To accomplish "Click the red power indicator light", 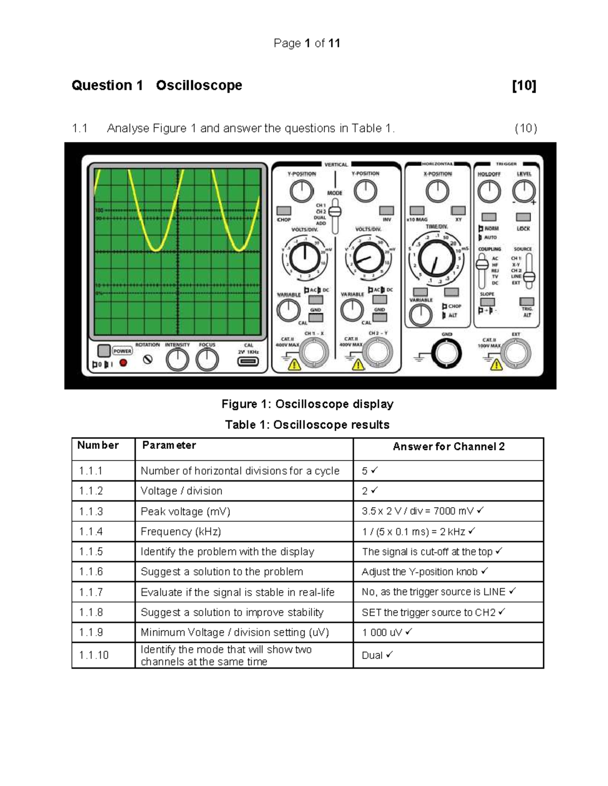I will pos(123,363).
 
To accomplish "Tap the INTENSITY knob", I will pos(177,360).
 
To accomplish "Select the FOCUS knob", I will pos(207,360).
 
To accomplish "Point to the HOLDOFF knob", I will pos(489,192).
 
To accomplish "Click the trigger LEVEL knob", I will pos(523,192).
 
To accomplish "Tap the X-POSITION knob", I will pos(437,192).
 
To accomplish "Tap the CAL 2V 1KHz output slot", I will pos(248,361).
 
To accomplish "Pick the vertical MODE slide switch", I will pos(334,212).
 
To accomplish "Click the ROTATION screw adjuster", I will pos(147,360).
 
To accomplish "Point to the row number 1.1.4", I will pos(91,531).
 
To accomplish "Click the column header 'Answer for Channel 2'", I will pos(448,446).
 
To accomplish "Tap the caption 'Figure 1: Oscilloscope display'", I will pos(307,404).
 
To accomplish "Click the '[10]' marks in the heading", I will pos(524,85).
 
